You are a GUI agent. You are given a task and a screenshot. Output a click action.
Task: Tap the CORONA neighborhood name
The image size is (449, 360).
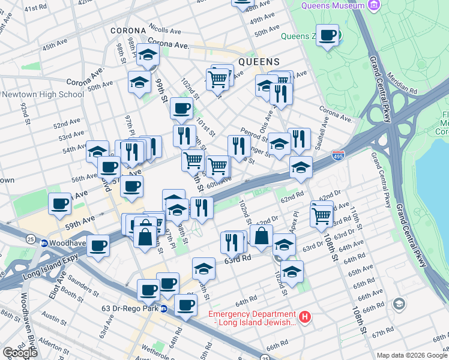tap(128, 31)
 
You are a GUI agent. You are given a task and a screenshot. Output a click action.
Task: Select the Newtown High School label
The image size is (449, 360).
tap(43, 94)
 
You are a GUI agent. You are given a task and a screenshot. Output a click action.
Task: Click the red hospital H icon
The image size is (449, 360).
tap(305, 316)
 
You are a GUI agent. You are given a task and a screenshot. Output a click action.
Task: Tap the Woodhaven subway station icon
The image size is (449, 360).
tap(44, 244)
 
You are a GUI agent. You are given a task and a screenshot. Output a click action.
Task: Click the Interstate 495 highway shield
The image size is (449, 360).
tap(339, 155)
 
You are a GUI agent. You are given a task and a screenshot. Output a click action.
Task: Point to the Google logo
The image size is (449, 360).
tap(20, 352)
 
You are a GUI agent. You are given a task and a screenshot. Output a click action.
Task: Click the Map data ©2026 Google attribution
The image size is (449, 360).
tap(412, 355)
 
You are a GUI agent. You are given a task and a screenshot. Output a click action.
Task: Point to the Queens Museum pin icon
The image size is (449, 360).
tap(375, 5)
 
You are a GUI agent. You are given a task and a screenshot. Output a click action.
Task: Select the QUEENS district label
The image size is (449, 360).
tap(259, 62)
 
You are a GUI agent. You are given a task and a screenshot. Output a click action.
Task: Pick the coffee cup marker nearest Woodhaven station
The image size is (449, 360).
tap(98, 245)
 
